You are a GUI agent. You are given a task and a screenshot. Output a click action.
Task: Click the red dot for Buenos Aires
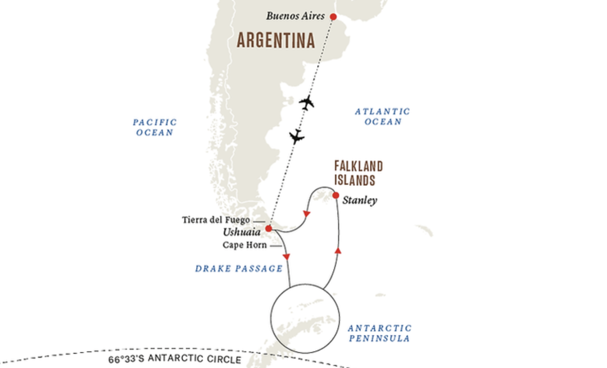tap(333, 17)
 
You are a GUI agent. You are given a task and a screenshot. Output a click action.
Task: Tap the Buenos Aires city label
tap(296, 16)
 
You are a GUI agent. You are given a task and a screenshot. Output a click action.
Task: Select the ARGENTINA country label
tap(275, 40)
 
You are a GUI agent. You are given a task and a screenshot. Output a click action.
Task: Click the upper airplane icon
tap(307, 103)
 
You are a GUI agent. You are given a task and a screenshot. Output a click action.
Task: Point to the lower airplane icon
tap(296, 136)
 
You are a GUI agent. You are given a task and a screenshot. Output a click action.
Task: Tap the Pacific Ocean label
tap(155, 127)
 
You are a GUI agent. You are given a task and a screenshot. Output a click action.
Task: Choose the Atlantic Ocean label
tap(382, 116)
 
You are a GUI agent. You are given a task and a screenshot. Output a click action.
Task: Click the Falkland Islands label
tap(358, 173)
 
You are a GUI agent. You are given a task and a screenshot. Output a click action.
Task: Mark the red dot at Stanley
tap(336, 196)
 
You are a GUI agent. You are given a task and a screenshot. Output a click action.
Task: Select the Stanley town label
tap(360, 200)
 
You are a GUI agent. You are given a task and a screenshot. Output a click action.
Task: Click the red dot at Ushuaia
tap(269, 229)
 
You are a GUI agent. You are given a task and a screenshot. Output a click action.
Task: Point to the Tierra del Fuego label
tap(216, 220)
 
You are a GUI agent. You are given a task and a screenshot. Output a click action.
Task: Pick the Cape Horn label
tap(244, 245)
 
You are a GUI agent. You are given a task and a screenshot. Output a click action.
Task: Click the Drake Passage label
tap(239, 269)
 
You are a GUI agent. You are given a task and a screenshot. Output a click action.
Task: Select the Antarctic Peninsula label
tap(379, 333)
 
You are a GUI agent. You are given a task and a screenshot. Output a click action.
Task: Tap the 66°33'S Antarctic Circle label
tap(175, 360)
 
